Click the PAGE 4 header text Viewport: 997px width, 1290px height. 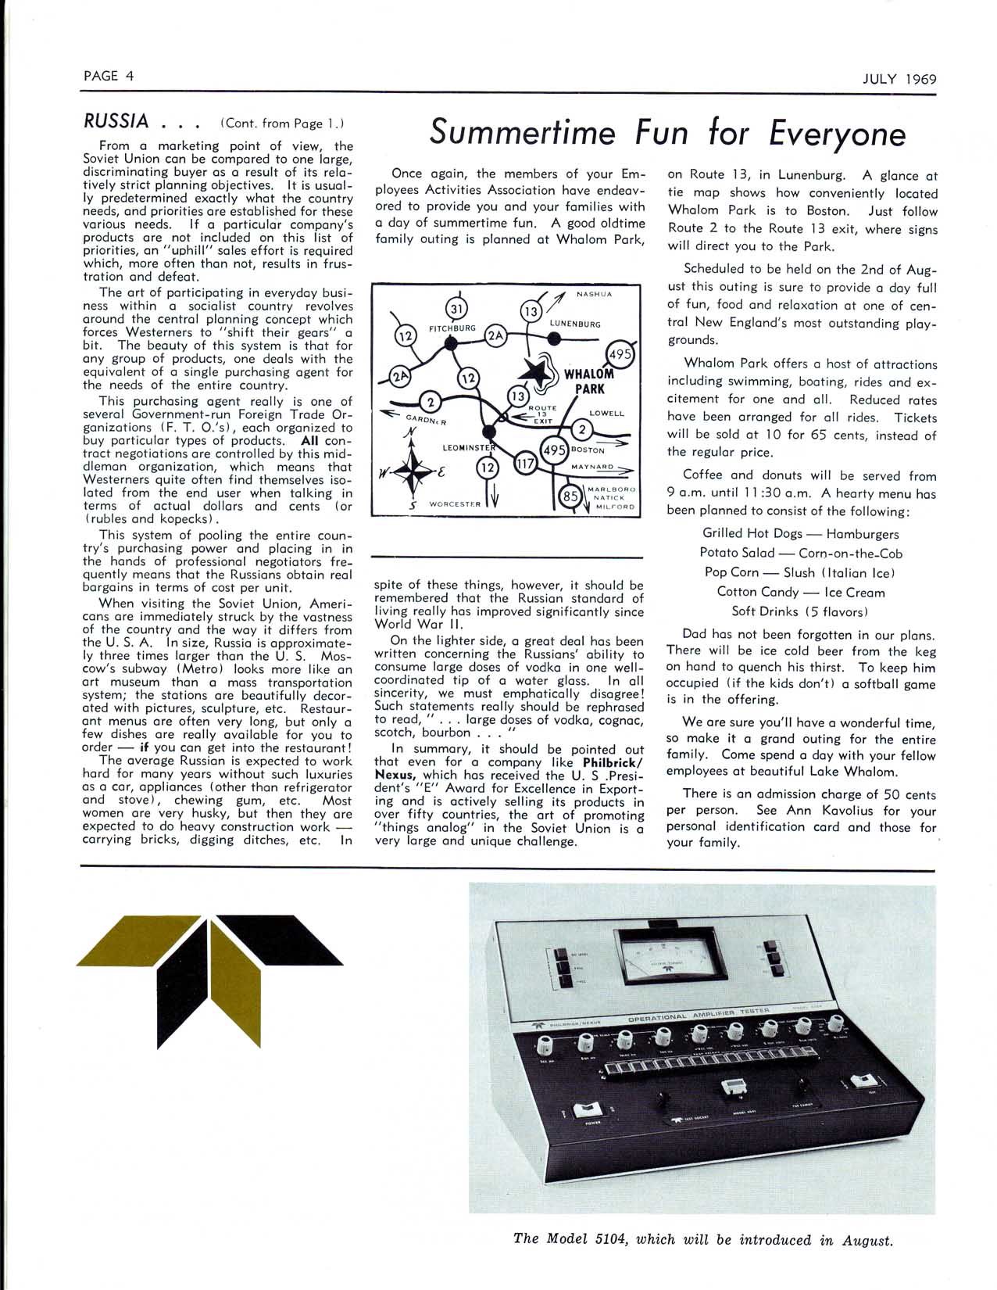click(x=109, y=76)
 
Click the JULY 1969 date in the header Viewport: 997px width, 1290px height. click(x=899, y=79)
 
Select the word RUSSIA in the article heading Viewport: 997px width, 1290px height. click(x=116, y=121)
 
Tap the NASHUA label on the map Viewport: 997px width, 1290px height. click(x=595, y=295)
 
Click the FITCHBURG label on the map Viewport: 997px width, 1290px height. click(x=452, y=328)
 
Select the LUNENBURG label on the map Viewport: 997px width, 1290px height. click(x=575, y=324)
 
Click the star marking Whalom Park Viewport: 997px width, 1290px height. click(x=538, y=372)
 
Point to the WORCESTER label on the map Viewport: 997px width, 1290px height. click(x=455, y=504)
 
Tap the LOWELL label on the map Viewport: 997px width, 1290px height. click(x=607, y=414)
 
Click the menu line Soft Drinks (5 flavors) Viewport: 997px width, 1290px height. click(x=800, y=611)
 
